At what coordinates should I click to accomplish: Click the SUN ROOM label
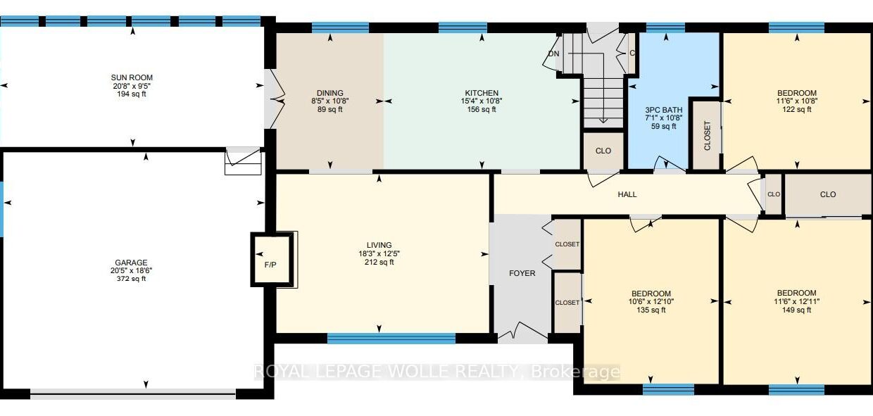click(132, 77)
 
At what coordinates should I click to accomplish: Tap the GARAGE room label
click(131, 263)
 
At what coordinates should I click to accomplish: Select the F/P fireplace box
click(271, 260)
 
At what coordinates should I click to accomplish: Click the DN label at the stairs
click(553, 53)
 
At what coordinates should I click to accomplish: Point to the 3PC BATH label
click(663, 110)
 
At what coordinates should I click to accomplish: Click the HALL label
click(627, 194)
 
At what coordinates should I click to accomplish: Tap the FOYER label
click(522, 273)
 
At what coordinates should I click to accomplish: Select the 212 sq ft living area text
click(379, 262)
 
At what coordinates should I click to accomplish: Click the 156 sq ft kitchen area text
click(482, 109)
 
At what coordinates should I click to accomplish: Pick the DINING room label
click(329, 93)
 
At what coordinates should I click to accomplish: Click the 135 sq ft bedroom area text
click(651, 310)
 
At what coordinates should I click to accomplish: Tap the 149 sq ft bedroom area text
click(796, 310)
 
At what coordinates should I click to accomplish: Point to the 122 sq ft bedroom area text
click(797, 109)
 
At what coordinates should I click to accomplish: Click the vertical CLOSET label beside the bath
click(708, 136)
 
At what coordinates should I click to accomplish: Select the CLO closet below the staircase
click(603, 151)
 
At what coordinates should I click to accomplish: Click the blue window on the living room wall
click(391, 339)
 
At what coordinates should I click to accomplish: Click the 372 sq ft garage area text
click(131, 279)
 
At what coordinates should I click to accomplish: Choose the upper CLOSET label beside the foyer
click(567, 244)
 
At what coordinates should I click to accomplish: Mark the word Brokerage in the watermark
click(575, 372)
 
